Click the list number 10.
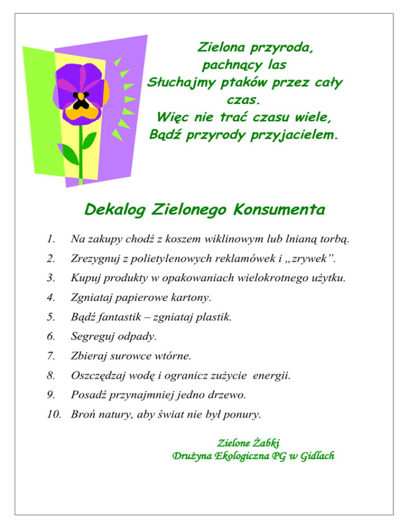coord(51,413)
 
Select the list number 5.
coord(50,317)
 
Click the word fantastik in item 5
coord(122,317)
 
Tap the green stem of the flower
coord(81,154)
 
